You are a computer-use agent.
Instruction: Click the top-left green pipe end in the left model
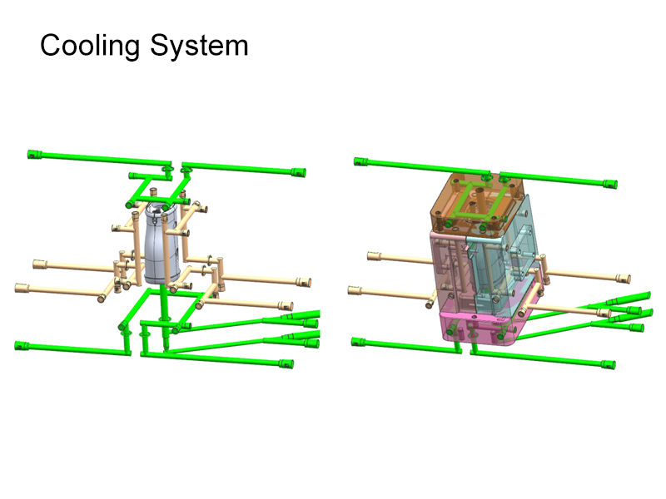pos(34,153)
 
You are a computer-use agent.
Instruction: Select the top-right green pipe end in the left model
pos(297,172)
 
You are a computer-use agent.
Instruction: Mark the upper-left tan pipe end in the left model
pos(38,264)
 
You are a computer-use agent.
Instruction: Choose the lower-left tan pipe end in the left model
pos(21,289)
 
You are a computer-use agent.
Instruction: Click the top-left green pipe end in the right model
pos(360,161)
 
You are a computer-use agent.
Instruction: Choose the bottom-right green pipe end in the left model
pos(287,363)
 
